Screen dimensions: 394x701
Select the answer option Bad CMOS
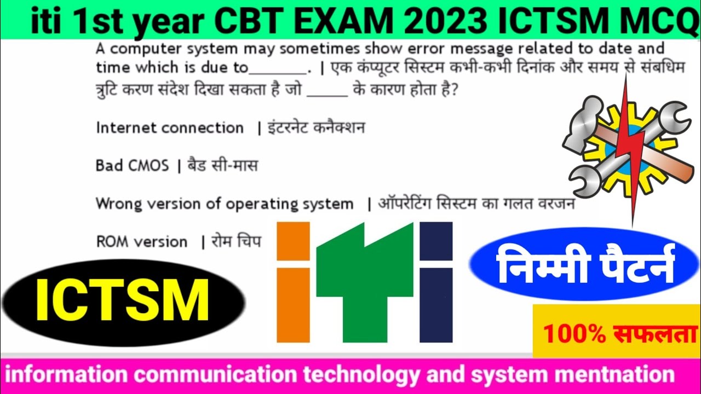tap(132, 165)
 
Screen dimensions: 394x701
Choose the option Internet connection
tap(170, 128)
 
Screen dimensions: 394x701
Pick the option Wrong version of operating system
tap(225, 204)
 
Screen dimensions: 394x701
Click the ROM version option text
tap(141, 242)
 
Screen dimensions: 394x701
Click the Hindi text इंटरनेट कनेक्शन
tap(316, 128)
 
